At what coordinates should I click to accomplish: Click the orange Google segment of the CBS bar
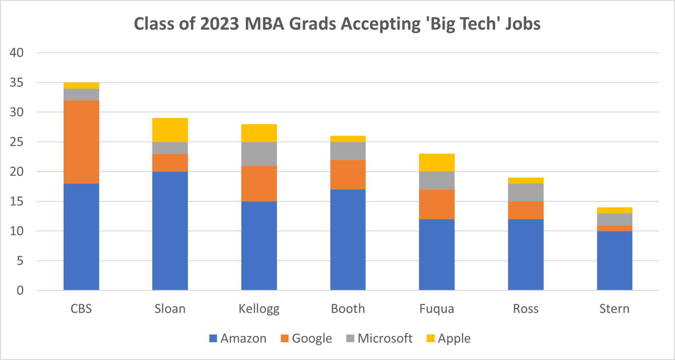pyautogui.click(x=81, y=142)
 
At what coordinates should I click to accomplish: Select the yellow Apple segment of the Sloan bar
pyautogui.click(x=170, y=130)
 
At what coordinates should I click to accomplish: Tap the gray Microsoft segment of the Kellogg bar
pyautogui.click(x=259, y=154)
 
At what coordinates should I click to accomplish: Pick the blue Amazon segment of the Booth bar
pyautogui.click(x=348, y=240)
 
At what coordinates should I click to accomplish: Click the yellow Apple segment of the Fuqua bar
pyautogui.click(x=437, y=163)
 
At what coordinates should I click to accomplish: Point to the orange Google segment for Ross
pyautogui.click(x=526, y=210)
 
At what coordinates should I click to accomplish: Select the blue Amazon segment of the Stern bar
pyautogui.click(x=614, y=260)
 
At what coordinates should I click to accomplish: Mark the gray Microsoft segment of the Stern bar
pyautogui.click(x=614, y=219)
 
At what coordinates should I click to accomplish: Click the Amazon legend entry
pyautogui.click(x=238, y=338)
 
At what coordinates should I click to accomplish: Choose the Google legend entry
pyautogui.click(x=307, y=338)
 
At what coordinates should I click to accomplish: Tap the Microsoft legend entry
pyautogui.click(x=379, y=338)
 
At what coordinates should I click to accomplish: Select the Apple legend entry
pyautogui.click(x=449, y=338)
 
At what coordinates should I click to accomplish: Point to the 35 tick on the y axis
pyautogui.click(x=16, y=82)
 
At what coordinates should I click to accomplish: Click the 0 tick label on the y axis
pyautogui.click(x=20, y=290)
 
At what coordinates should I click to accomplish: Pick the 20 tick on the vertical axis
pyautogui.click(x=16, y=171)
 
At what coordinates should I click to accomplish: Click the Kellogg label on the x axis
pyautogui.click(x=259, y=309)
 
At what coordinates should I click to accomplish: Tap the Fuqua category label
pyautogui.click(x=437, y=309)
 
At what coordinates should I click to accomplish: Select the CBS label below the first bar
pyautogui.click(x=81, y=309)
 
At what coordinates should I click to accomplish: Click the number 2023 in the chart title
pyautogui.click(x=219, y=24)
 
